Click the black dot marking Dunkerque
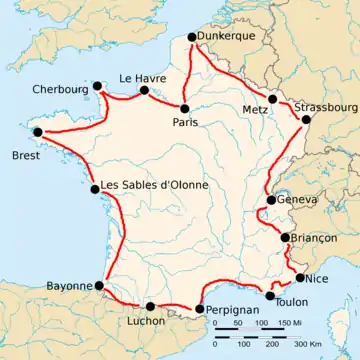tap(192, 39)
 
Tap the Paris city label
tap(185, 123)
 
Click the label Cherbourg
tap(58, 86)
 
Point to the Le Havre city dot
tap(143, 91)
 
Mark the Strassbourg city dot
tap(306, 120)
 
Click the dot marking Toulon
tap(270, 296)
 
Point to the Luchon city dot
tap(150, 306)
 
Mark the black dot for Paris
tap(185, 107)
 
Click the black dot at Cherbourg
tap(97, 86)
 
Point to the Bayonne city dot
tap(99, 285)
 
